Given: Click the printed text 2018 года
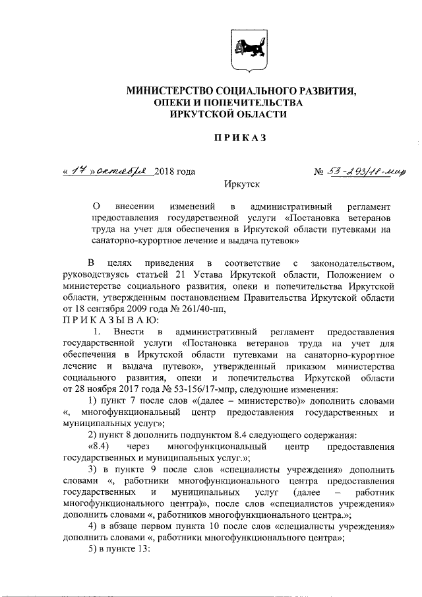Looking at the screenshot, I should click(x=175, y=172).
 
